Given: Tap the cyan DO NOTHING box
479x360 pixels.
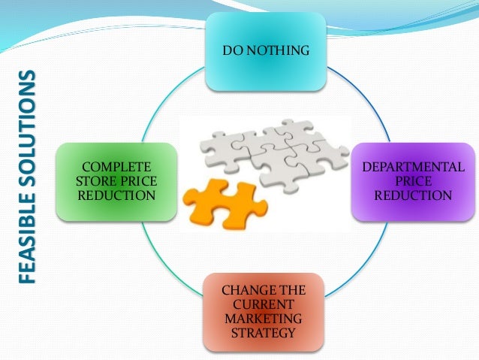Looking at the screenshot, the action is pyautogui.click(x=265, y=50).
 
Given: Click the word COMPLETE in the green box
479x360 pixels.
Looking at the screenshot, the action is pyautogui.click(x=116, y=167).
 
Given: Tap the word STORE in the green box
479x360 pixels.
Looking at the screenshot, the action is pyautogui.click(x=100, y=181).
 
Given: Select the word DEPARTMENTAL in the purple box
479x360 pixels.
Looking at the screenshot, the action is pyautogui.click(x=414, y=167).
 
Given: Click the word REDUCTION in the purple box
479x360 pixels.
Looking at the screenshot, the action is pyautogui.click(x=414, y=195).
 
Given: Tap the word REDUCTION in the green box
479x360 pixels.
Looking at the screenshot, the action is pyautogui.click(x=116, y=195).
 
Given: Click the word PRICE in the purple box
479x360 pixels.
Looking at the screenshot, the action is pyautogui.click(x=414, y=181).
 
